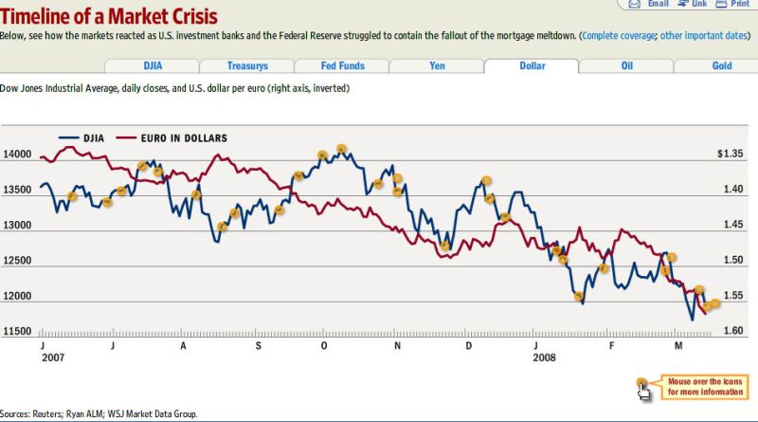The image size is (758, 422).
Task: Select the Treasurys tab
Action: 246,66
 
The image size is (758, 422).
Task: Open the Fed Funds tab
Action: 341,66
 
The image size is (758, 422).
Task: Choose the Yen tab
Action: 437,66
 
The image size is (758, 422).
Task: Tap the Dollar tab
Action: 532,66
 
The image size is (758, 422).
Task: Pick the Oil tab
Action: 626,66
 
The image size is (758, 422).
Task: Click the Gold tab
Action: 722,66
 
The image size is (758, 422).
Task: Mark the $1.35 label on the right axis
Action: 730,154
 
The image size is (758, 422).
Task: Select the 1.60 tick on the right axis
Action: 731,331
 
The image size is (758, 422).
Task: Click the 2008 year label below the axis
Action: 544,358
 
